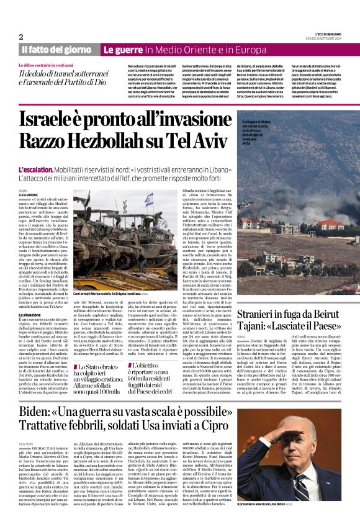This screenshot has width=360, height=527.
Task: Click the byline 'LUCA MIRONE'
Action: coord(29,194)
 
